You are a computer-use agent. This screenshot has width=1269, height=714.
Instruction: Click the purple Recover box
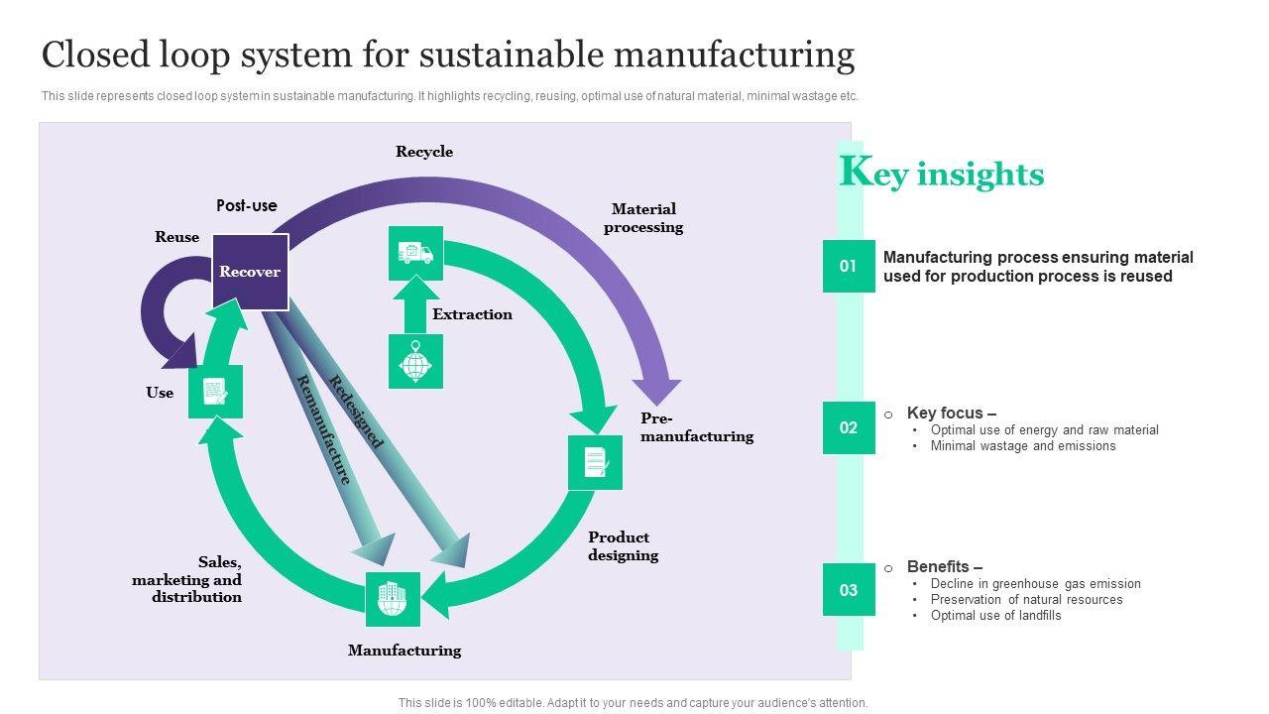tap(250, 272)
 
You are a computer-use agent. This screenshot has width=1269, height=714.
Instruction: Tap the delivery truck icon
tap(415, 253)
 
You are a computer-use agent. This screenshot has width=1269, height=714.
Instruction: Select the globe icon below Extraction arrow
tap(415, 361)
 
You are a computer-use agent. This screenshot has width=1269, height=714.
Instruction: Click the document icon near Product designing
tap(595, 462)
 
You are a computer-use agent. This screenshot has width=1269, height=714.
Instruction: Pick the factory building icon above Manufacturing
tap(393, 599)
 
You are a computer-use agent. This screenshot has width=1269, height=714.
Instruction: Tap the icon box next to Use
tap(215, 391)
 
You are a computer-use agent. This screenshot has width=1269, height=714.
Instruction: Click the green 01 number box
tap(849, 266)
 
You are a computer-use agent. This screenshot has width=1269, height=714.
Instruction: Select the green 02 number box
tap(849, 427)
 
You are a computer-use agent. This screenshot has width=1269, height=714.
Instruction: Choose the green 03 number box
tap(849, 590)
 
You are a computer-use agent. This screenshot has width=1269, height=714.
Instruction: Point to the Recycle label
tap(424, 152)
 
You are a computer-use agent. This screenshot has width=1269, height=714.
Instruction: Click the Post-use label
tap(247, 205)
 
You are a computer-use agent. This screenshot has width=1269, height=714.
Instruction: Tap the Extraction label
tap(472, 314)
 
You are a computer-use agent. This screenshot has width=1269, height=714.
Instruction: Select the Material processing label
tap(643, 218)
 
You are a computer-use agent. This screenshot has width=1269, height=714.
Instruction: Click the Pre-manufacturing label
tap(696, 427)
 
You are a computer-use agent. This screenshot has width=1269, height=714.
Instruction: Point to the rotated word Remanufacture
tap(323, 429)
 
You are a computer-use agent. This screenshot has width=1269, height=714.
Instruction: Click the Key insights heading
tap(942, 174)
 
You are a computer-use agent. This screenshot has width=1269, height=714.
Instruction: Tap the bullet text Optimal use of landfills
tap(995, 615)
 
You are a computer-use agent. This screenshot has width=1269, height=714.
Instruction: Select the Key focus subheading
tap(951, 413)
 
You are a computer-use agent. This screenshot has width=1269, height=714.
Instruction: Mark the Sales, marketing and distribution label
tap(188, 579)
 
